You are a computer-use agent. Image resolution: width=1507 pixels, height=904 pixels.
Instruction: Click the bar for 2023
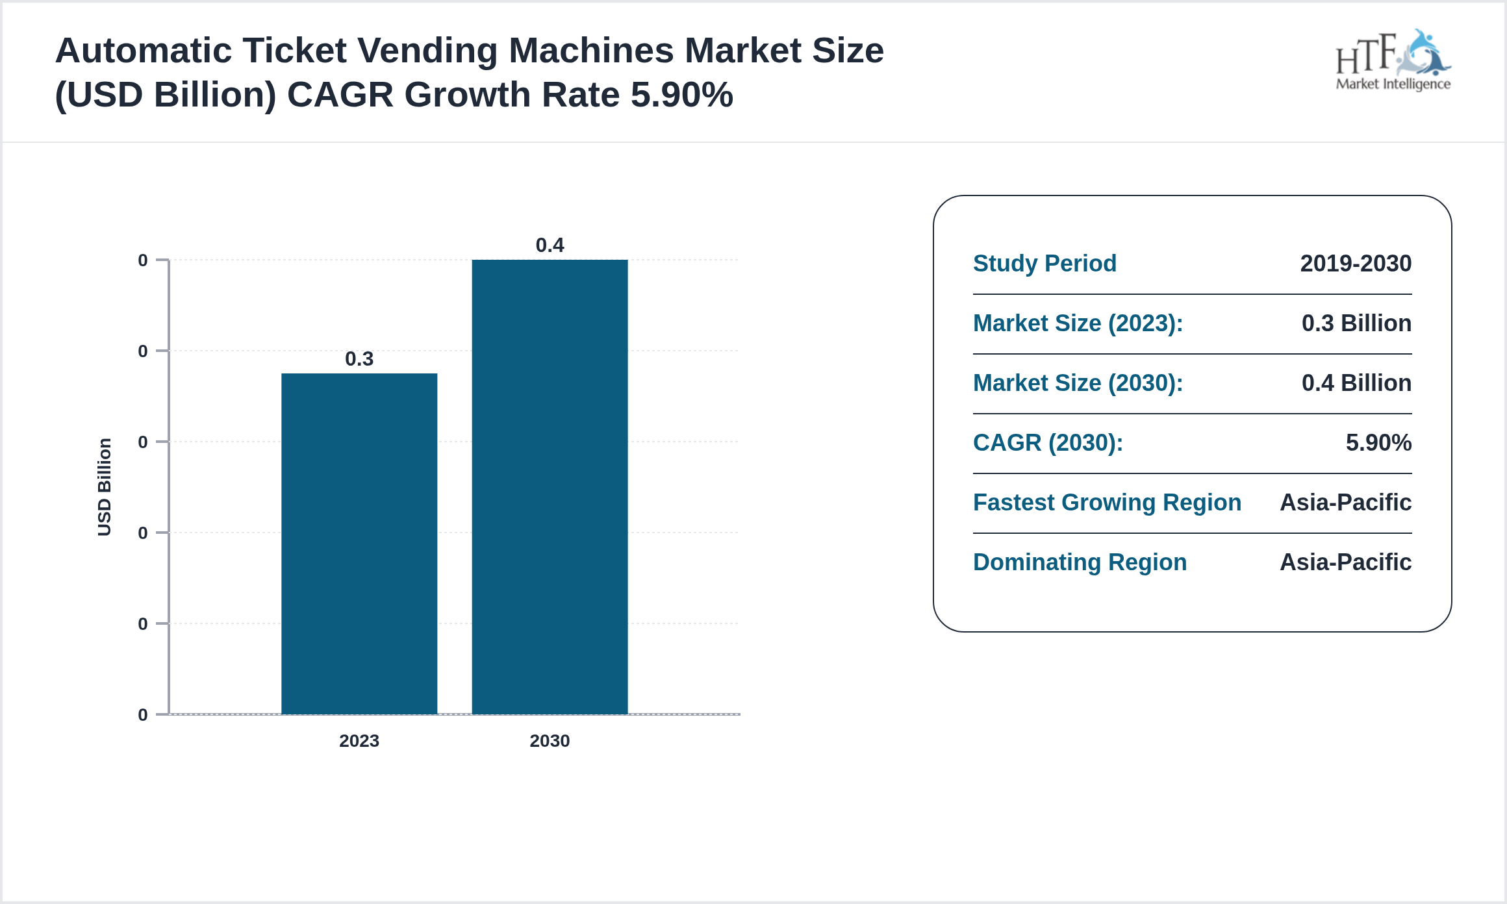pyautogui.click(x=359, y=544)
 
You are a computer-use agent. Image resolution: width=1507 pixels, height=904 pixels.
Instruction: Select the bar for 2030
pyautogui.click(x=550, y=487)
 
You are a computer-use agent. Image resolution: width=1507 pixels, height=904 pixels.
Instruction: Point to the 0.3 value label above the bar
pyautogui.click(x=359, y=359)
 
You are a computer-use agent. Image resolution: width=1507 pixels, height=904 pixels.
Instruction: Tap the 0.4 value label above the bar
pyautogui.click(x=550, y=245)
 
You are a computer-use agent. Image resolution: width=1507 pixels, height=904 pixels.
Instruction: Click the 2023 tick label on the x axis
pyautogui.click(x=359, y=741)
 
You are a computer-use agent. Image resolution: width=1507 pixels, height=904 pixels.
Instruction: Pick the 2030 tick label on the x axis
pyautogui.click(x=550, y=741)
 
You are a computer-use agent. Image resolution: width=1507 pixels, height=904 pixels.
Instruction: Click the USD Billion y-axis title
pyautogui.click(x=105, y=487)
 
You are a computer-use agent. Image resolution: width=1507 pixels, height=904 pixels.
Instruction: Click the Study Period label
pyautogui.click(x=1045, y=264)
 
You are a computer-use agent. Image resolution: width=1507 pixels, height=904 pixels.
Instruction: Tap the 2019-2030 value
pyautogui.click(x=1356, y=264)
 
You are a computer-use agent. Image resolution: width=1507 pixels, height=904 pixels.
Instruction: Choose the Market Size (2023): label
pyautogui.click(x=1078, y=323)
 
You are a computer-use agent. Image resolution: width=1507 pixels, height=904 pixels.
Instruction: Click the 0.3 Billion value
pyautogui.click(x=1356, y=323)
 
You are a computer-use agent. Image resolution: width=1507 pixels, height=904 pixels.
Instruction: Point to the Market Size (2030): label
pyautogui.click(x=1078, y=383)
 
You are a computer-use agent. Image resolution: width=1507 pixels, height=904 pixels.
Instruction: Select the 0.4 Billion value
pyautogui.click(x=1356, y=383)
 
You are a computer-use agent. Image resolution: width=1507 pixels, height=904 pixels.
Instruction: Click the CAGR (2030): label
pyautogui.click(x=1048, y=443)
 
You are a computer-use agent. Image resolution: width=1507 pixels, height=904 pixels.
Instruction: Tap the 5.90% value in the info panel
pyautogui.click(x=1378, y=443)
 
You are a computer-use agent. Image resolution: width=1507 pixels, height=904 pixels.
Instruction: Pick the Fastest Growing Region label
pyautogui.click(x=1107, y=503)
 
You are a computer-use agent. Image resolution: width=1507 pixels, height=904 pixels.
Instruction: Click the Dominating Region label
pyautogui.click(x=1080, y=562)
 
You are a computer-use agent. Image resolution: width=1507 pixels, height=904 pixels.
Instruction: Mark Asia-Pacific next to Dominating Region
pyautogui.click(x=1345, y=562)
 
